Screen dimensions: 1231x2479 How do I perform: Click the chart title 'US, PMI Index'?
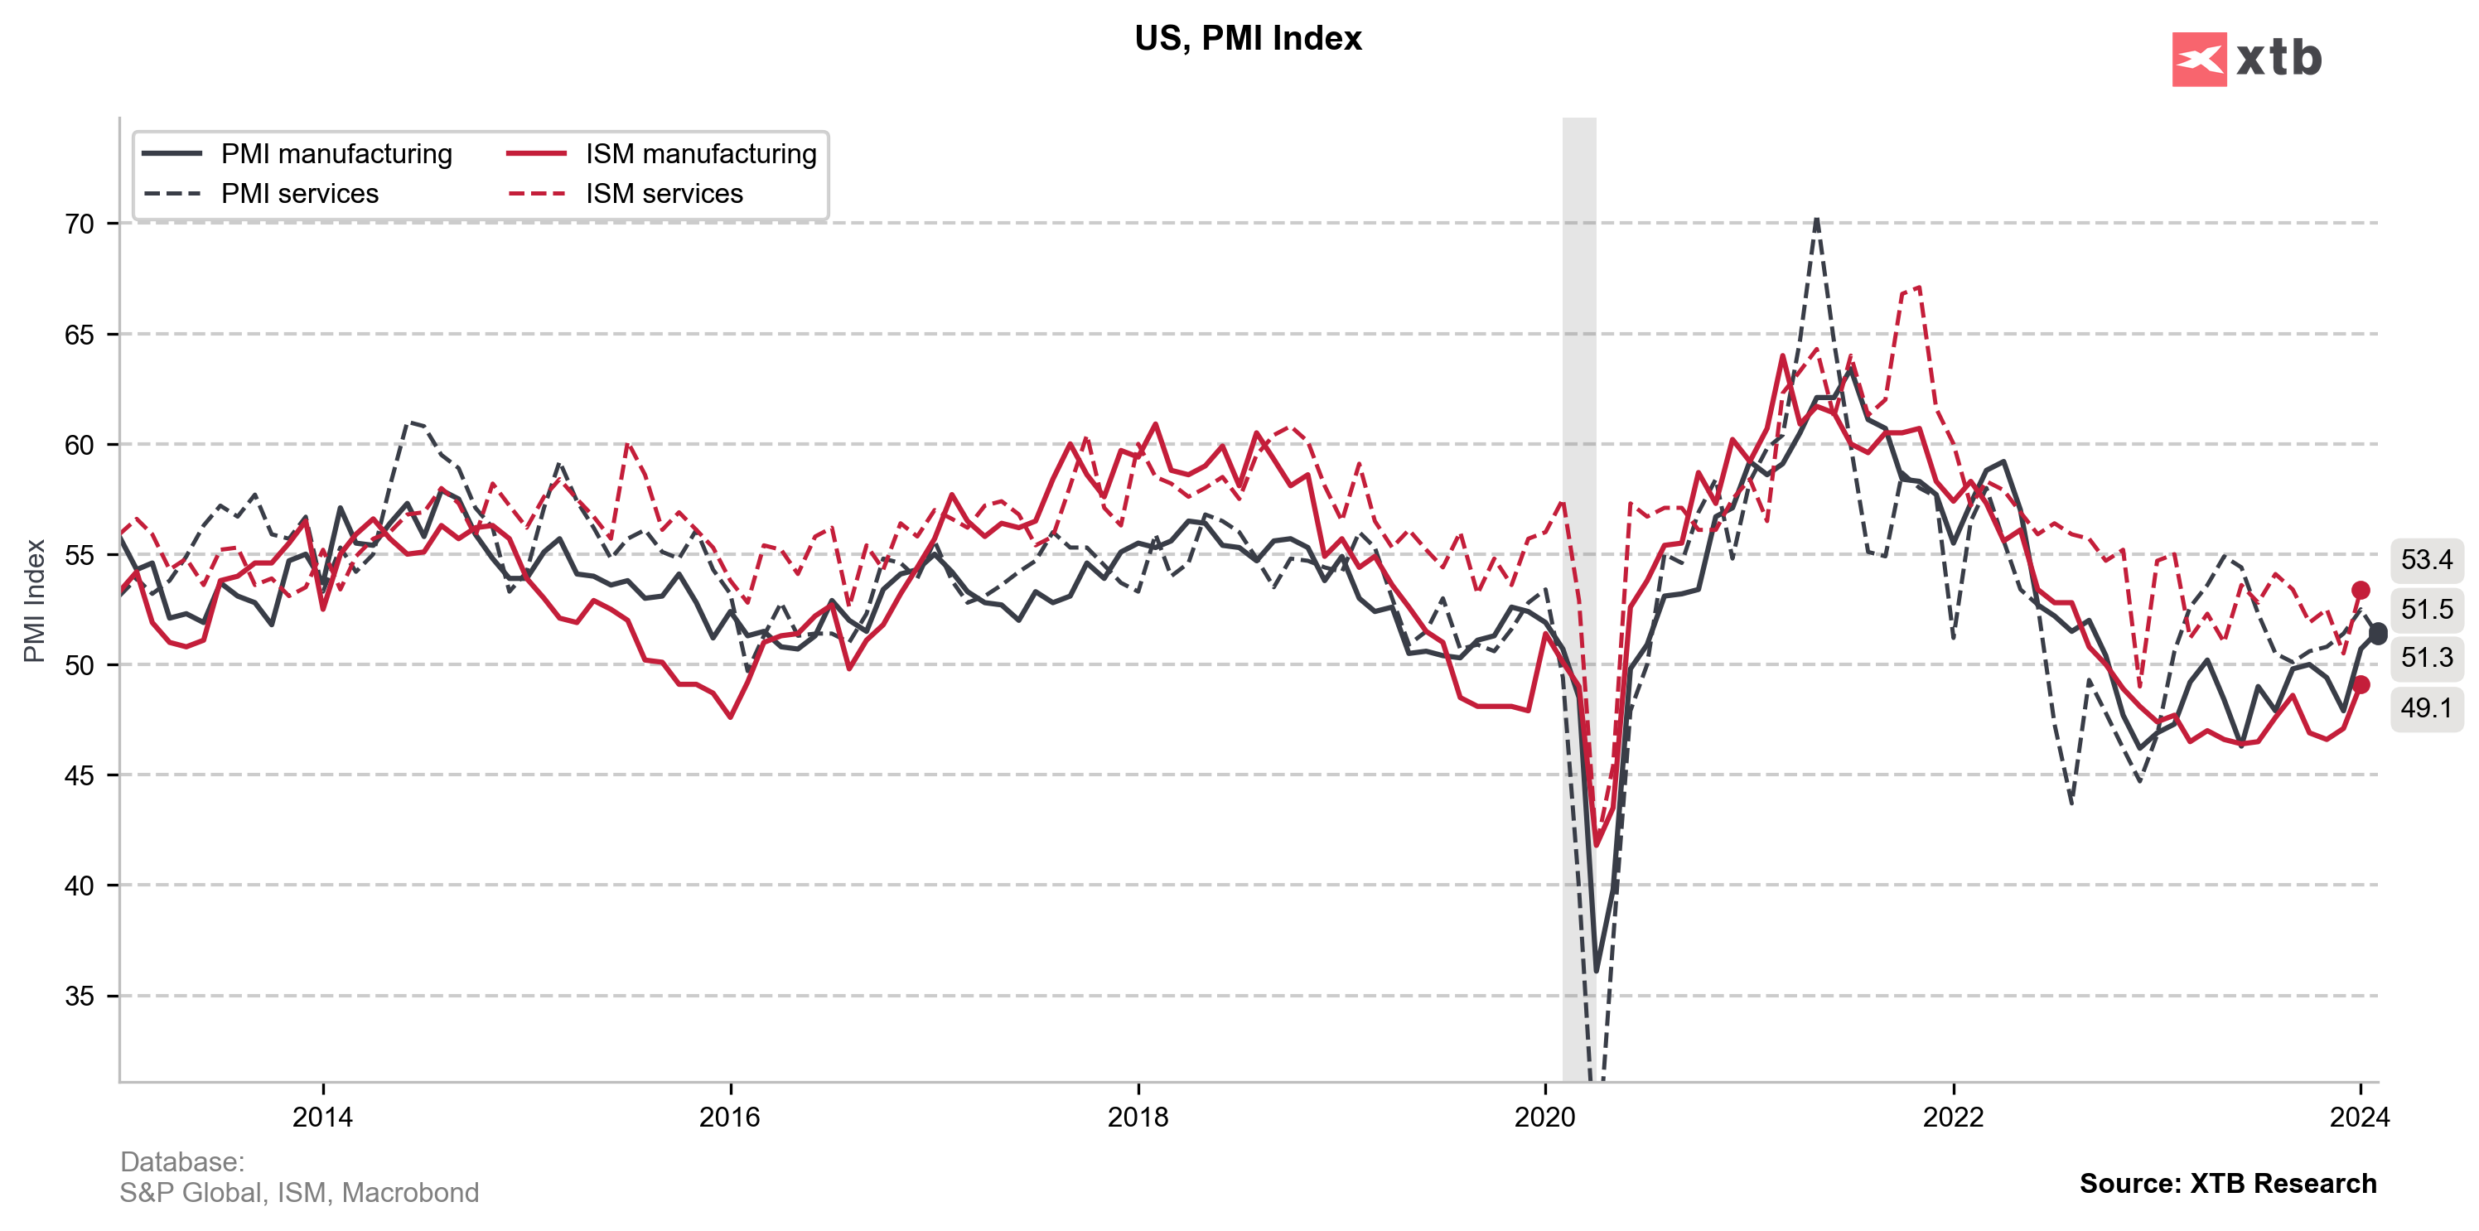click(1247, 38)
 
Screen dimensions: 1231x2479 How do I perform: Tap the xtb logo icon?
click(2198, 60)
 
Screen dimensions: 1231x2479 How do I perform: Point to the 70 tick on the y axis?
click(80, 224)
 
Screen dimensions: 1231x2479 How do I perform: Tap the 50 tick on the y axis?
click(80, 665)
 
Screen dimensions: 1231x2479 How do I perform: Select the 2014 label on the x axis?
click(322, 1118)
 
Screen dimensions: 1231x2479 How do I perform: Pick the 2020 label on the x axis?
click(1544, 1118)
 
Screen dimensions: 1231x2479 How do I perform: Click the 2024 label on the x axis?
click(2360, 1118)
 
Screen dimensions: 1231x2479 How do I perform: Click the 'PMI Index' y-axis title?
click(35, 601)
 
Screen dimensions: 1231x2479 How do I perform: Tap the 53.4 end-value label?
click(2426, 559)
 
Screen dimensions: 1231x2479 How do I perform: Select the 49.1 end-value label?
click(2426, 708)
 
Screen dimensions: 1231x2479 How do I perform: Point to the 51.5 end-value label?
click(2426, 609)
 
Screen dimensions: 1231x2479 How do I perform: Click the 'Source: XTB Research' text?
click(2227, 1183)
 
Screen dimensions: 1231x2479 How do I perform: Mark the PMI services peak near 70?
click(1816, 220)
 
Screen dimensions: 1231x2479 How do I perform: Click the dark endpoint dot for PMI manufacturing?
click(2377, 633)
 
